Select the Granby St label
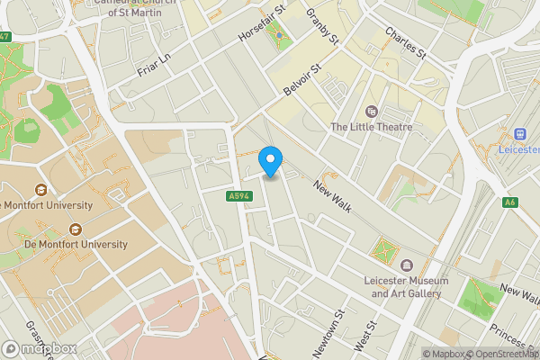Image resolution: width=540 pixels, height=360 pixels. pos(321,27)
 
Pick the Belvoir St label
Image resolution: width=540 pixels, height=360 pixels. pos(302,81)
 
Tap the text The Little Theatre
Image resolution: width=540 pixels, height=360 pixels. pos(372,127)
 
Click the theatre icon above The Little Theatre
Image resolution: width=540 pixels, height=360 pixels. pos(372,112)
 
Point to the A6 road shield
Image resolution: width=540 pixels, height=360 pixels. pos(510,202)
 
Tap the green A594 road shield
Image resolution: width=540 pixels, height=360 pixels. pos(238,196)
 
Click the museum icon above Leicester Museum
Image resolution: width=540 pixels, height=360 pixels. pos(406,265)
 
